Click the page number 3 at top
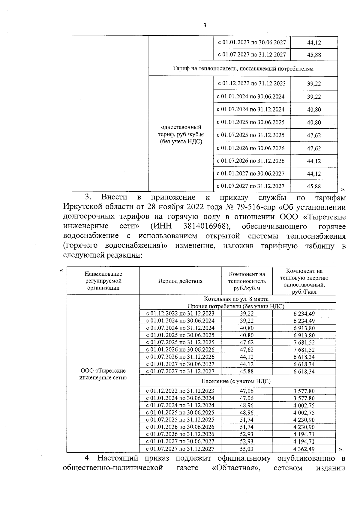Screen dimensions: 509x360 (205, 25)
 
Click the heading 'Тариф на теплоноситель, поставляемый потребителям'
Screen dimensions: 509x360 (243, 69)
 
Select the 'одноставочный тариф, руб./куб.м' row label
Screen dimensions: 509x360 (181, 134)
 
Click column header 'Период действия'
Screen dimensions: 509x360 (180, 281)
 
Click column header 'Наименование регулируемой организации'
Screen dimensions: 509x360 (103, 281)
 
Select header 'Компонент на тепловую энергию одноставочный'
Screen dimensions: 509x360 (304, 281)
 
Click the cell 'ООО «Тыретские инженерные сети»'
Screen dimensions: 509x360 (103, 374)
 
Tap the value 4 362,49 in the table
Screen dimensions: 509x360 (304, 449)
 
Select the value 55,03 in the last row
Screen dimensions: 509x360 (247, 449)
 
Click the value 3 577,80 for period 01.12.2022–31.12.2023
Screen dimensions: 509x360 (304, 391)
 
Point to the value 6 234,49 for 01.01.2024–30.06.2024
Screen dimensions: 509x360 (304, 321)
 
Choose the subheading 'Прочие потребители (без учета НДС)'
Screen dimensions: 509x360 (236, 306)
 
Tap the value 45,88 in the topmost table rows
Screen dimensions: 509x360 (314, 55)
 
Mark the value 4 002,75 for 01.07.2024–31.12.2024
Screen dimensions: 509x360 (304, 406)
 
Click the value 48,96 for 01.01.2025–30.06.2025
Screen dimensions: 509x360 (247, 413)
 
